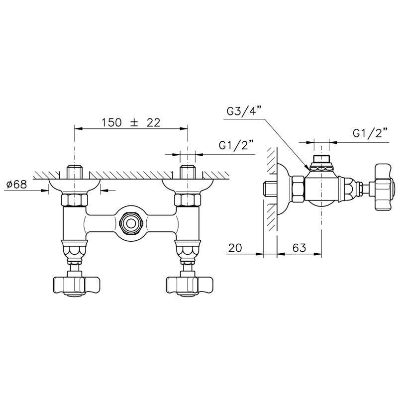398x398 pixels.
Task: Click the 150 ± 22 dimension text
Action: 131,122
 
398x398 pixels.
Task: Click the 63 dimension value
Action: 299,247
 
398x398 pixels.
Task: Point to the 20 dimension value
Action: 237,247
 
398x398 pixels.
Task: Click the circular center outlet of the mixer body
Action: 131,222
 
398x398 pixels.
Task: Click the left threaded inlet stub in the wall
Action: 75,172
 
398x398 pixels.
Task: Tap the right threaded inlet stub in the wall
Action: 187,172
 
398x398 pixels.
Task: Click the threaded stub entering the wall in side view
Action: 269,189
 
